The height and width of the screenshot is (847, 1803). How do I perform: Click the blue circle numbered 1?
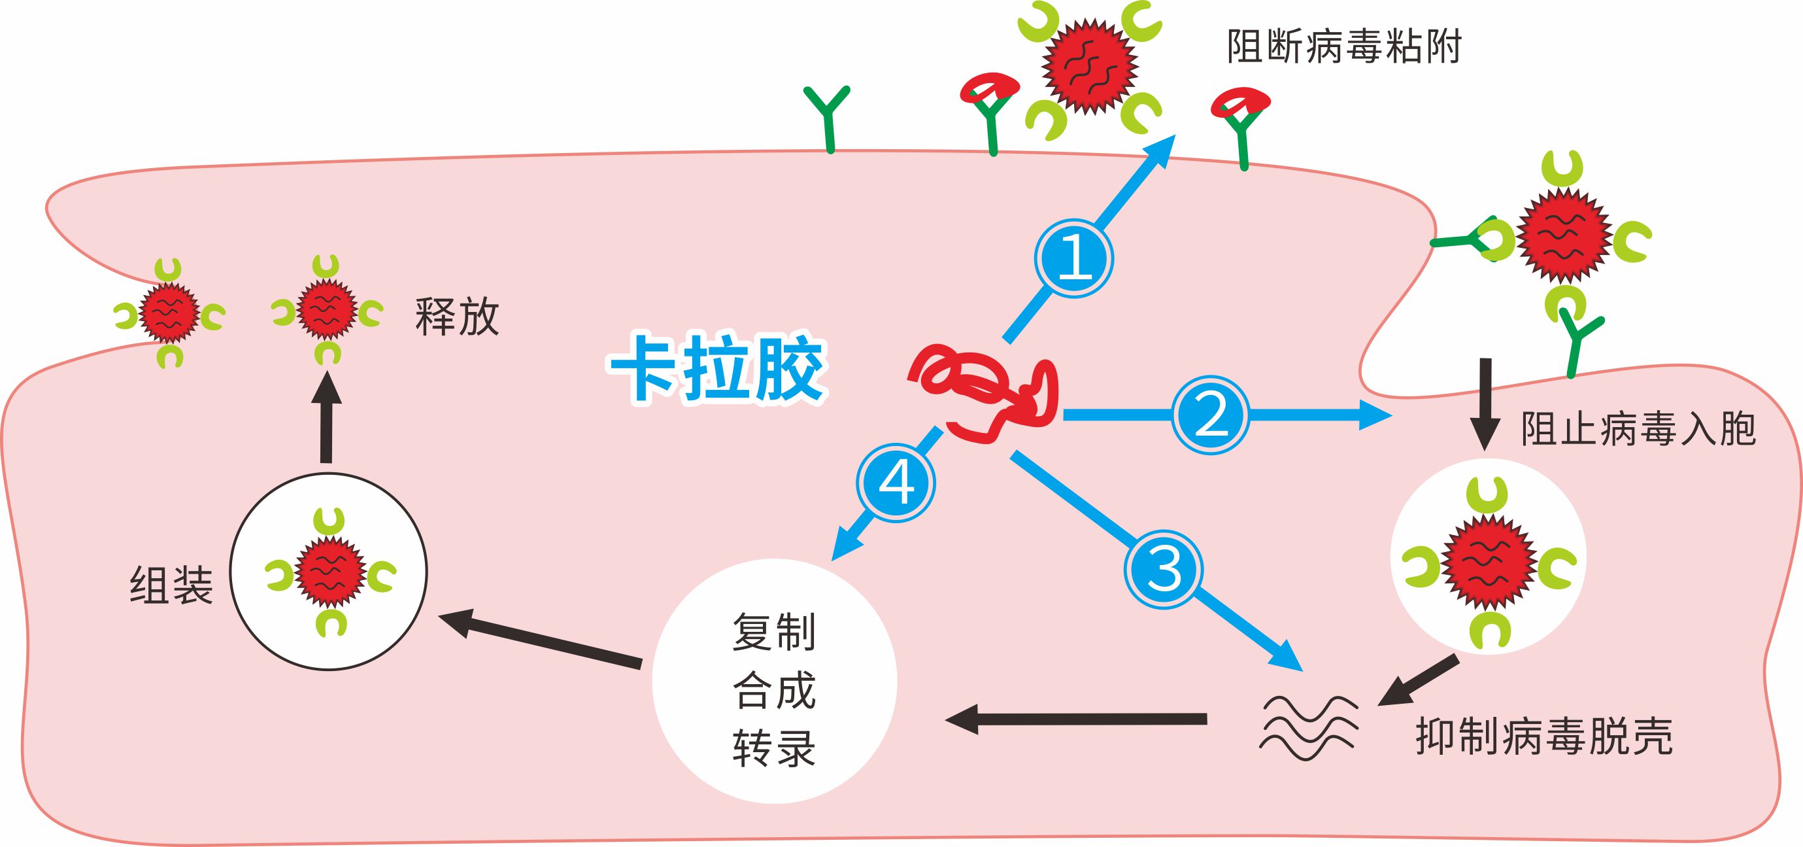click(1073, 259)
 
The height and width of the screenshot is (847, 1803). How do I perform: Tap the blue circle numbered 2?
click(1211, 415)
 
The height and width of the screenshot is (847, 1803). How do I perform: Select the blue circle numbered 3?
click(1163, 569)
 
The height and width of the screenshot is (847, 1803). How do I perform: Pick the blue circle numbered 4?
click(896, 482)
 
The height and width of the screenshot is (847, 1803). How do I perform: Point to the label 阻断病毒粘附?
click(1344, 48)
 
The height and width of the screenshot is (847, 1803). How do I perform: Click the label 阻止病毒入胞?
click(1638, 429)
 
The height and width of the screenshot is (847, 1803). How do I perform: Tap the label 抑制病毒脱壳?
click(1544, 736)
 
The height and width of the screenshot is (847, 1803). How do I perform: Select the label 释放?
click(457, 317)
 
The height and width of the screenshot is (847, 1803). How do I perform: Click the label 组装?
click(171, 585)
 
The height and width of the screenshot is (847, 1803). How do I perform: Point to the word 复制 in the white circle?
click(774, 632)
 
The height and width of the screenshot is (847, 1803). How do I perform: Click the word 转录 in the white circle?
click(774, 748)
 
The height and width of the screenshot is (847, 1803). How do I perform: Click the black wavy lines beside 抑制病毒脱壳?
click(1308, 728)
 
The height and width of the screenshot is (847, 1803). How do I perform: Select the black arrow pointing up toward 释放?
click(326, 418)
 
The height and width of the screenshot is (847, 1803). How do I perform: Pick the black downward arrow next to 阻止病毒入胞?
click(1485, 403)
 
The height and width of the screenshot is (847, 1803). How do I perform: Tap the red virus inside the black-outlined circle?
click(330, 571)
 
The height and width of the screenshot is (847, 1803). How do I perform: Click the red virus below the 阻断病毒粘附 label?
click(1089, 67)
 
